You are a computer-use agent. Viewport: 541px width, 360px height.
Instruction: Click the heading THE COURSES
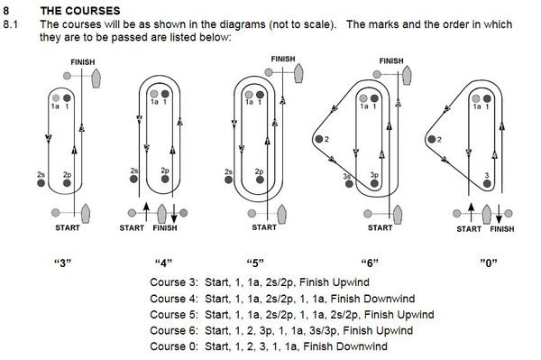(x=80, y=11)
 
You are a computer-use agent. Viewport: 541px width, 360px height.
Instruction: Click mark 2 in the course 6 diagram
(x=319, y=139)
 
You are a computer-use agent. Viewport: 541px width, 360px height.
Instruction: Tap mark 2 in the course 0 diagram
(x=432, y=139)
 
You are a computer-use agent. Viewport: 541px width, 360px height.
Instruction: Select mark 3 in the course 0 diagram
(x=487, y=184)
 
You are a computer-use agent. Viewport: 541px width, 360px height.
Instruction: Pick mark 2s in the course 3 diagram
(x=41, y=183)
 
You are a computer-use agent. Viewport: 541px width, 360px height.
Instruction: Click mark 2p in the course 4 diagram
(x=165, y=179)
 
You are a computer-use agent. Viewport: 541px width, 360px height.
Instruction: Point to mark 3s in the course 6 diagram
(x=349, y=184)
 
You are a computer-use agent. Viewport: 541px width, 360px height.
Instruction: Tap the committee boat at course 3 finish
(x=96, y=78)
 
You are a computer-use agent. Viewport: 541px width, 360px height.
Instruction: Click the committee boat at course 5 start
(x=281, y=215)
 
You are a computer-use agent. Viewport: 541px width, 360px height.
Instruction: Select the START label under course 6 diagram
(x=380, y=227)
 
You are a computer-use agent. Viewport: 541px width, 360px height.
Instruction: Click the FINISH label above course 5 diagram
(x=283, y=59)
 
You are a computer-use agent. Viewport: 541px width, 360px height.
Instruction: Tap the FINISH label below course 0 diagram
(x=502, y=229)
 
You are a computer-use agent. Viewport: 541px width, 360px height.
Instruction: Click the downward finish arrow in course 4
(x=174, y=213)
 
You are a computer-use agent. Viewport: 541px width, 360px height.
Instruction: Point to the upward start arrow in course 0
(x=471, y=212)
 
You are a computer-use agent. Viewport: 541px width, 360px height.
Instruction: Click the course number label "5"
(x=255, y=263)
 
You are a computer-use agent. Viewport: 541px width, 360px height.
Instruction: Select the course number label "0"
(x=489, y=263)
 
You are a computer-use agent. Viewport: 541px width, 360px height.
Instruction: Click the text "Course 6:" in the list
(x=174, y=330)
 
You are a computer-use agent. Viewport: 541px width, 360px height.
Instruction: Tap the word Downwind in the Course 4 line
(x=390, y=299)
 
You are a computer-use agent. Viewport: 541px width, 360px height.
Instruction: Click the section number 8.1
(x=10, y=24)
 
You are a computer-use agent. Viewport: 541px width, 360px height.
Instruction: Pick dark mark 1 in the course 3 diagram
(x=67, y=98)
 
